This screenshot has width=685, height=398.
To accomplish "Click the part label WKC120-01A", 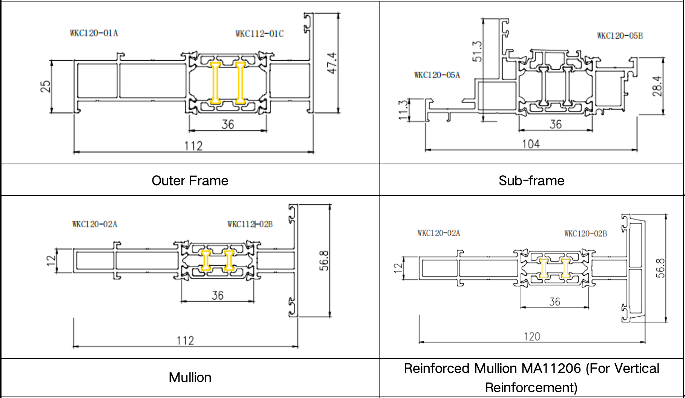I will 94,33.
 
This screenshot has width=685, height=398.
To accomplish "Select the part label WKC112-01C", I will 260,34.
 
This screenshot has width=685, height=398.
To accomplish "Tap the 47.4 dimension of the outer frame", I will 332,63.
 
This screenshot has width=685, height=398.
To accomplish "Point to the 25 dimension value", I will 45,86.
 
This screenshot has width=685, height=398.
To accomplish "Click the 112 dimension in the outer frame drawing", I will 193,146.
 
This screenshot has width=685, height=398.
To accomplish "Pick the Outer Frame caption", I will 190,181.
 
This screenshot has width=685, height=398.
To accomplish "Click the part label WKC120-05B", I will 620,36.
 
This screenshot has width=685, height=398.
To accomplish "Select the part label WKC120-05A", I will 437,75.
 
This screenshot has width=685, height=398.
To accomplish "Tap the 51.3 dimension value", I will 477,51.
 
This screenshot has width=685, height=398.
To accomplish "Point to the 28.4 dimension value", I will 657,86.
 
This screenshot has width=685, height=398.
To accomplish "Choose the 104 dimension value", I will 531,144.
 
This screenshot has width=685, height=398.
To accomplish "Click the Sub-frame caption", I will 531,181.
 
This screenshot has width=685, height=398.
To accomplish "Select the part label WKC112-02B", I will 250,224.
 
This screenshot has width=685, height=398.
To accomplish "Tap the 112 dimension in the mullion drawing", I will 185,341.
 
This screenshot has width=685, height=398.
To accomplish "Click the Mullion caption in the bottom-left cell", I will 190,377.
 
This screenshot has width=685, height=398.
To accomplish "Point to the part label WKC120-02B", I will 585,234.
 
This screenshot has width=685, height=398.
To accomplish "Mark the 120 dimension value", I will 531,337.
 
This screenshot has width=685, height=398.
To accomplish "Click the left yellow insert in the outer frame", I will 215,83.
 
